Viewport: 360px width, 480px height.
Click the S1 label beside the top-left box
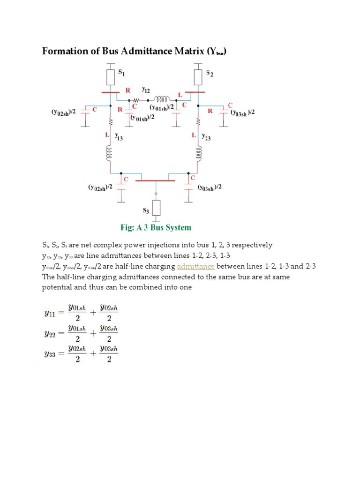tap(121, 73)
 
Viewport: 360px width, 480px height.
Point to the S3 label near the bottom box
tap(145, 211)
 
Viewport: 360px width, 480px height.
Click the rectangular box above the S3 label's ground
tap(156, 207)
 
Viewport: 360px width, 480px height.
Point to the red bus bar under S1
tap(110, 92)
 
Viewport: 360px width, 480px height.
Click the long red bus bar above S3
tap(155, 180)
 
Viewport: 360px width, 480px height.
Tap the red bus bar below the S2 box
tap(195, 92)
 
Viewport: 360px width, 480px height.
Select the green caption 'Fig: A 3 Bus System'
tap(156, 227)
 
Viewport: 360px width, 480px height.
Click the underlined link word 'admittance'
tap(196, 266)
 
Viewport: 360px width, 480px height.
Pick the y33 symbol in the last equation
tap(49, 354)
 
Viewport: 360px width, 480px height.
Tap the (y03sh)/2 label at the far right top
tap(242, 112)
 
